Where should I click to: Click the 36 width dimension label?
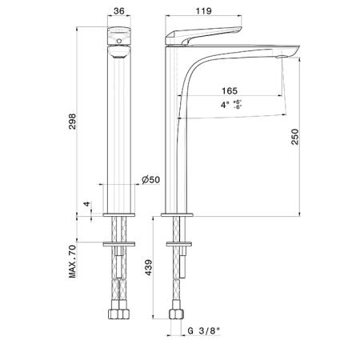click(x=119, y=11)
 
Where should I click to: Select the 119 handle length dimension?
click(x=204, y=11)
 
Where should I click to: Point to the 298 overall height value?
click(x=72, y=122)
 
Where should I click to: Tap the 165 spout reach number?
click(x=230, y=91)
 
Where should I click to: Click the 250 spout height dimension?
click(x=295, y=137)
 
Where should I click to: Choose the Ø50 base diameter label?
click(x=151, y=180)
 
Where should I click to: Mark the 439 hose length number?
click(x=148, y=267)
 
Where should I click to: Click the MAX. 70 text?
click(x=72, y=262)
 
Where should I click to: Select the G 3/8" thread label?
click(x=204, y=331)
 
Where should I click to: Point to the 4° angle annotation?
click(x=225, y=105)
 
